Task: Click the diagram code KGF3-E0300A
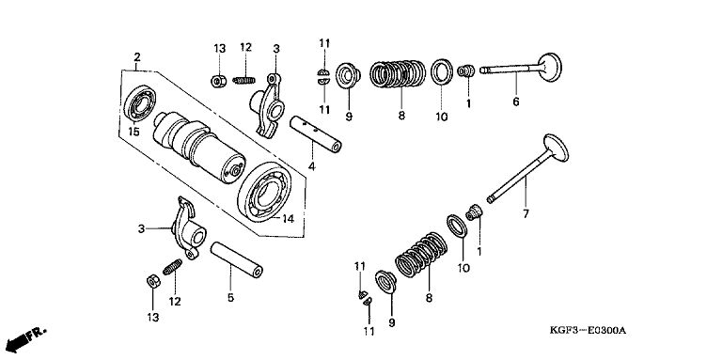588,331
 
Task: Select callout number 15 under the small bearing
133,132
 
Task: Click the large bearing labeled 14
264,192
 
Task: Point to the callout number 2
137,57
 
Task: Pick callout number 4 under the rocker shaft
312,166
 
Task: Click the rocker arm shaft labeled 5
237,259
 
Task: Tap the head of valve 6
550,68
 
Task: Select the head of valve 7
557,148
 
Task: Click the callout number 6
516,102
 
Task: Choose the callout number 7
526,213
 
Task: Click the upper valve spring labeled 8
398,73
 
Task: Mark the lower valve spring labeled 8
421,255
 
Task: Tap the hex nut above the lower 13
153,281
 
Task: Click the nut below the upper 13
218,82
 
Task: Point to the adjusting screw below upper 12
244,80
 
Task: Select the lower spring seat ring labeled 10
457,226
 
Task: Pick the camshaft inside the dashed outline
199,147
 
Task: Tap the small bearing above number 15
139,103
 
